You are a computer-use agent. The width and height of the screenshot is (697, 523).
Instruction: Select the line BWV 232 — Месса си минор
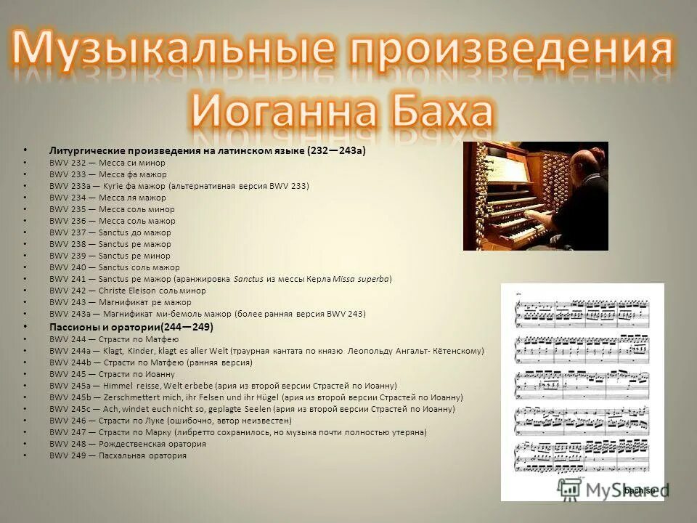[x=107, y=163]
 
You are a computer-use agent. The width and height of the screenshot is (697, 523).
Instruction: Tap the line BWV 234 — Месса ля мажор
[x=107, y=198]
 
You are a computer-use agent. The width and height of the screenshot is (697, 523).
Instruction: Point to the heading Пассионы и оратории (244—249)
[x=131, y=327]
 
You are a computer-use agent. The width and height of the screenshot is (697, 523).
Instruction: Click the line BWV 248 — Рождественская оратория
[x=128, y=444]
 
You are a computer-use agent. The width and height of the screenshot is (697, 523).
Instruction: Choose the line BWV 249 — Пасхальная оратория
[x=118, y=455]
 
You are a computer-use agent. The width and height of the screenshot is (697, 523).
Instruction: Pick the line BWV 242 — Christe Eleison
[x=128, y=291]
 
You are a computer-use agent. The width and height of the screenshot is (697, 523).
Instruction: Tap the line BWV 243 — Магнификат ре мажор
[x=121, y=302]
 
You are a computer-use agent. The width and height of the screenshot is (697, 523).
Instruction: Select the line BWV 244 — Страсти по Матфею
[x=114, y=339]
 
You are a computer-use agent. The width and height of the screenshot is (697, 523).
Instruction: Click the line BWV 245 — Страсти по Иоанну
[x=112, y=374]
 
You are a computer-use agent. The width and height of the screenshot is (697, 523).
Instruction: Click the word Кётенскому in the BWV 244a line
[x=454, y=351]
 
